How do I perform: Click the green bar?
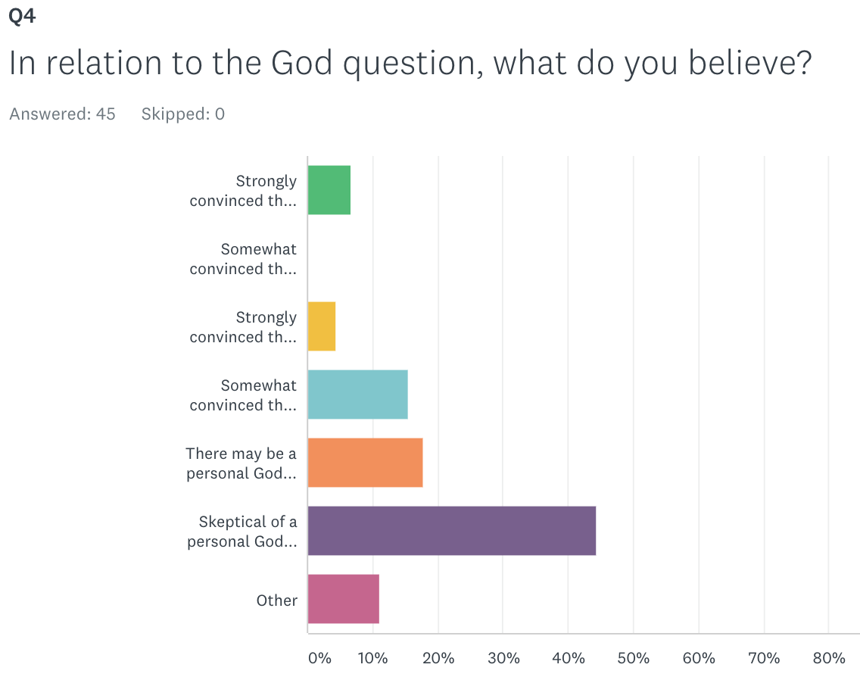tap(329, 190)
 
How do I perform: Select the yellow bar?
tap(321, 326)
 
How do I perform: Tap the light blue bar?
tap(357, 395)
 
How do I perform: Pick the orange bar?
tap(365, 463)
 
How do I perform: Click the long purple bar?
tap(451, 531)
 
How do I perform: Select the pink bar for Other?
tap(343, 599)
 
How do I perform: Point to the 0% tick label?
tap(319, 658)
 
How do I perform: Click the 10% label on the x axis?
tap(373, 658)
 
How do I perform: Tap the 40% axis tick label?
tap(569, 658)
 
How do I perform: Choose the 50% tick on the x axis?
tap(634, 658)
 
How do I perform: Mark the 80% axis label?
tap(829, 658)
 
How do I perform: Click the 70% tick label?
tap(764, 658)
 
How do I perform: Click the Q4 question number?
tap(22, 17)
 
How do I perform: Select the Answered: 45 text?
tap(62, 114)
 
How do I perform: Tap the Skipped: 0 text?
tap(182, 114)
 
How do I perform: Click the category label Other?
tap(276, 600)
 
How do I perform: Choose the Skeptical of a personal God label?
tap(242, 532)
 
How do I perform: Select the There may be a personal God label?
tap(241, 463)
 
